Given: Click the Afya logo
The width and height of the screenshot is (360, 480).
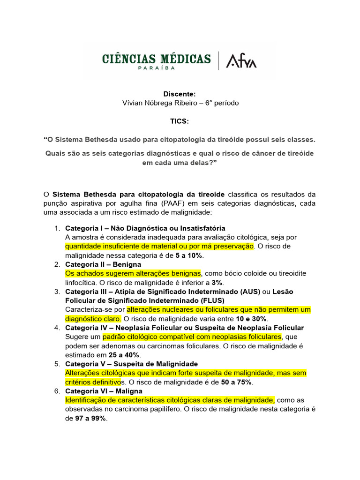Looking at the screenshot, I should point(241,61).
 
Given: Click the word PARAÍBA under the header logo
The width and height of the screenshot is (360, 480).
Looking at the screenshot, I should point(157,68).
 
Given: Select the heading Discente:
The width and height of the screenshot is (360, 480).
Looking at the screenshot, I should point(180,94).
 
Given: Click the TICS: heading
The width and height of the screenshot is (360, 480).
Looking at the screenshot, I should point(180,121).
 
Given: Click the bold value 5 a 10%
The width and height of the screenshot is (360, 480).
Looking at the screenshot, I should point(189,255).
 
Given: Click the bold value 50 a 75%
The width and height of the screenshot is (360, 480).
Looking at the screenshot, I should point(237,382).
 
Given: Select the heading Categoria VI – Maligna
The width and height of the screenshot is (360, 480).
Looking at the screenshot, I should point(104,391).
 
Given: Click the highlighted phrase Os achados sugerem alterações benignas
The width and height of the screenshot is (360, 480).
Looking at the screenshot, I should point(133,273).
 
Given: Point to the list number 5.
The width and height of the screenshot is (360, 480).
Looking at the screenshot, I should point(56,364).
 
